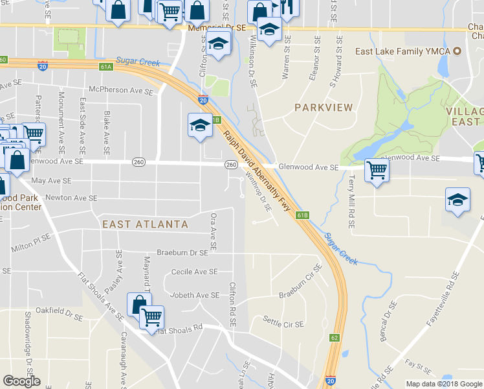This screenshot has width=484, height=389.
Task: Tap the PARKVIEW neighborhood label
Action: click(324, 107)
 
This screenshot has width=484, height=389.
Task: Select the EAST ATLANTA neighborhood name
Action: click(145, 224)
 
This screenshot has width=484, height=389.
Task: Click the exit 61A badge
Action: click(106, 67)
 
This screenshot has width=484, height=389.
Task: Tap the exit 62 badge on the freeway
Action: click(334, 337)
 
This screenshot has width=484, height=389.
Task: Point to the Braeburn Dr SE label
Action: click(182, 252)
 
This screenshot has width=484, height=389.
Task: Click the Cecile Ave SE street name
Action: click(194, 272)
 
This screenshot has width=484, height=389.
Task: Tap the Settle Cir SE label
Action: click(283, 321)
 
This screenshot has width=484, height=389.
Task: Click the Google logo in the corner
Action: click(21, 381)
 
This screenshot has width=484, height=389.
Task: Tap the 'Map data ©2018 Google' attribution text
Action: click(444, 384)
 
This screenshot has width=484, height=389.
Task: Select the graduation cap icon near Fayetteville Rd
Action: click(457, 200)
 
